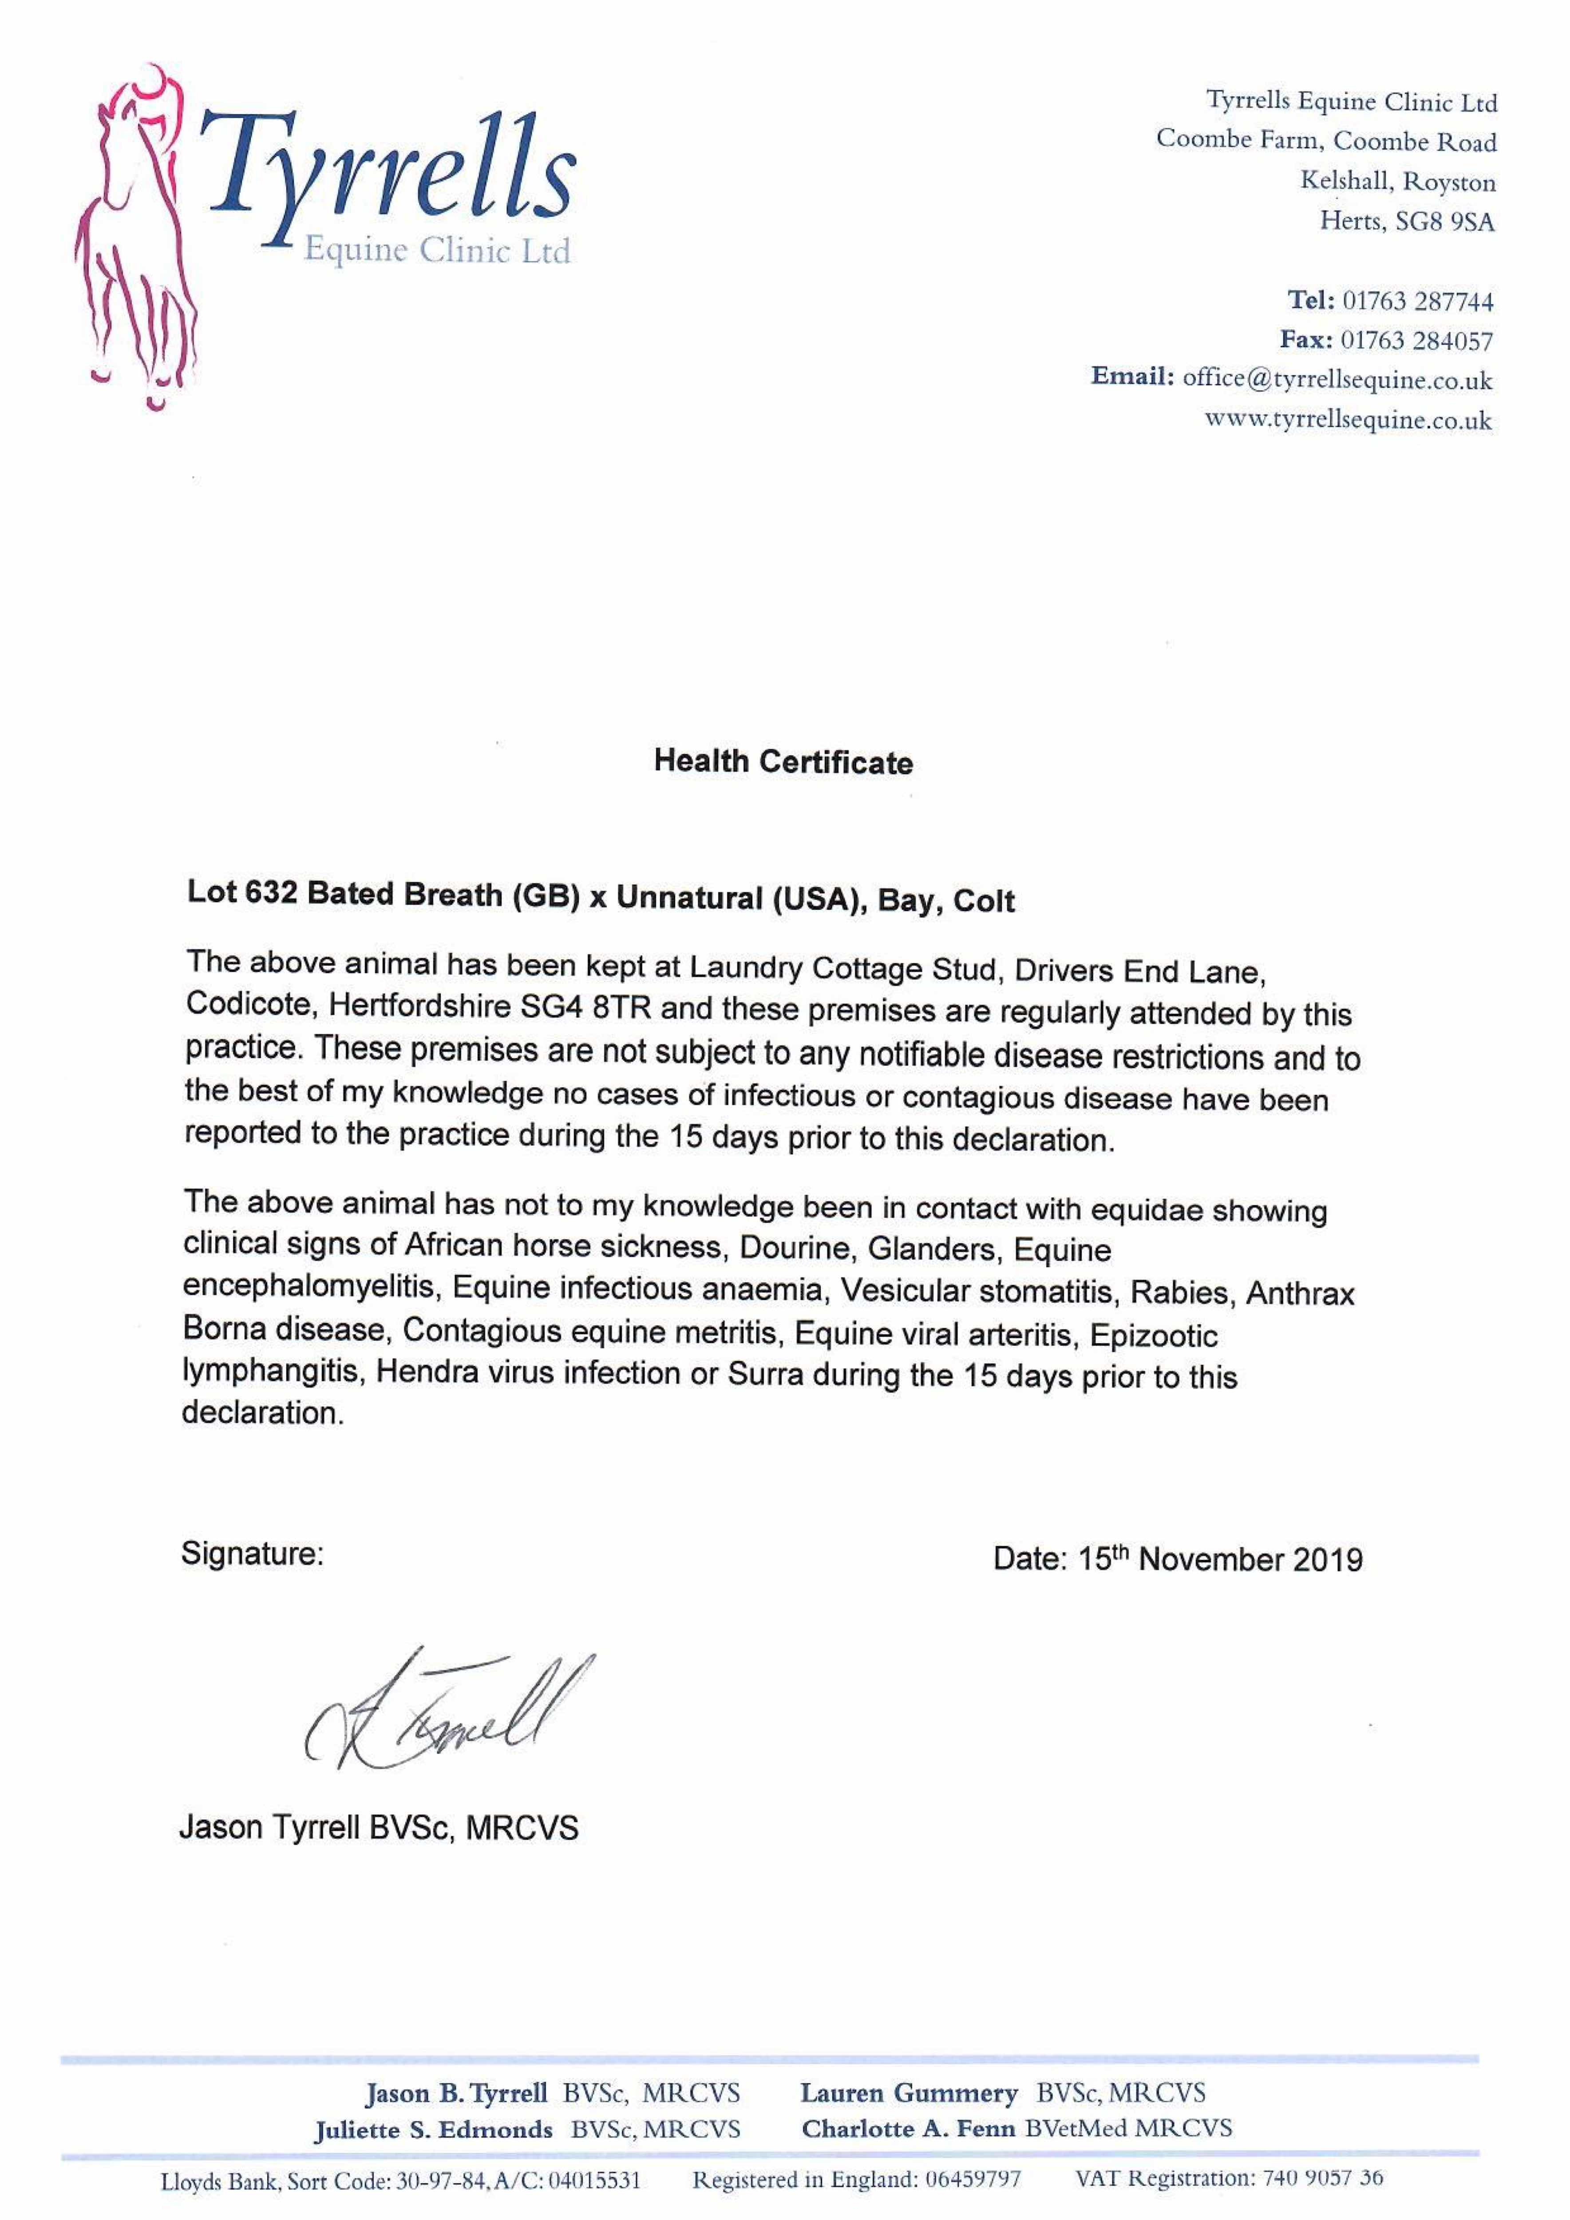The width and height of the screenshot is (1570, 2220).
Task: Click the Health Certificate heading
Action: (x=783, y=762)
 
